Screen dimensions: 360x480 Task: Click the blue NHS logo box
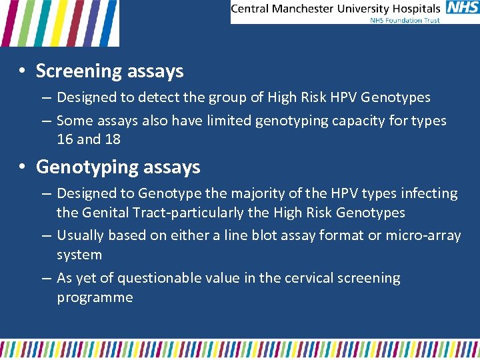tap(462, 9)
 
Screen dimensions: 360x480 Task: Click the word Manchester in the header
tap(310, 9)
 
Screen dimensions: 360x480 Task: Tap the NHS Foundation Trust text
tap(405, 20)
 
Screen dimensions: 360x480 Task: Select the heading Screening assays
tap(109, 71)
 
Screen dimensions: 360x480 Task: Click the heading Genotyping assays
tap(118, 167)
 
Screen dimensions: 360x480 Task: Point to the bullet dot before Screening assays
tap(22, 71)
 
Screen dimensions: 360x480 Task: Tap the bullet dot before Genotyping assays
tap(22, 167)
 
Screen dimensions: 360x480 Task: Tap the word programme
tap(95, 297)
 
